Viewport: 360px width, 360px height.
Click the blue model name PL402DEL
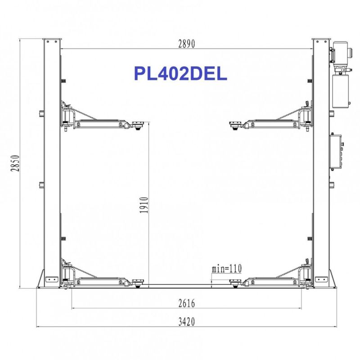point(180,73)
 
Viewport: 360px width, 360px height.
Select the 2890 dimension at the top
point(187,44)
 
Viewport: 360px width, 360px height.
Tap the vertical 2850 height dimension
point(15,163)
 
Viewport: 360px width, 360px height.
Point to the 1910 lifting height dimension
point(144,205)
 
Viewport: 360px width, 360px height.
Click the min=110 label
point(227,268)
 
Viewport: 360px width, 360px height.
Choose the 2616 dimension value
point(187,303)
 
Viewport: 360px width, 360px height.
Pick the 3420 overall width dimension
point(187,322)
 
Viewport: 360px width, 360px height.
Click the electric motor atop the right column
point(340,53)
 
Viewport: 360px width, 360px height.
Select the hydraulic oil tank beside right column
point(341,91)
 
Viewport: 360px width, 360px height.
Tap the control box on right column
point(336,152)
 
